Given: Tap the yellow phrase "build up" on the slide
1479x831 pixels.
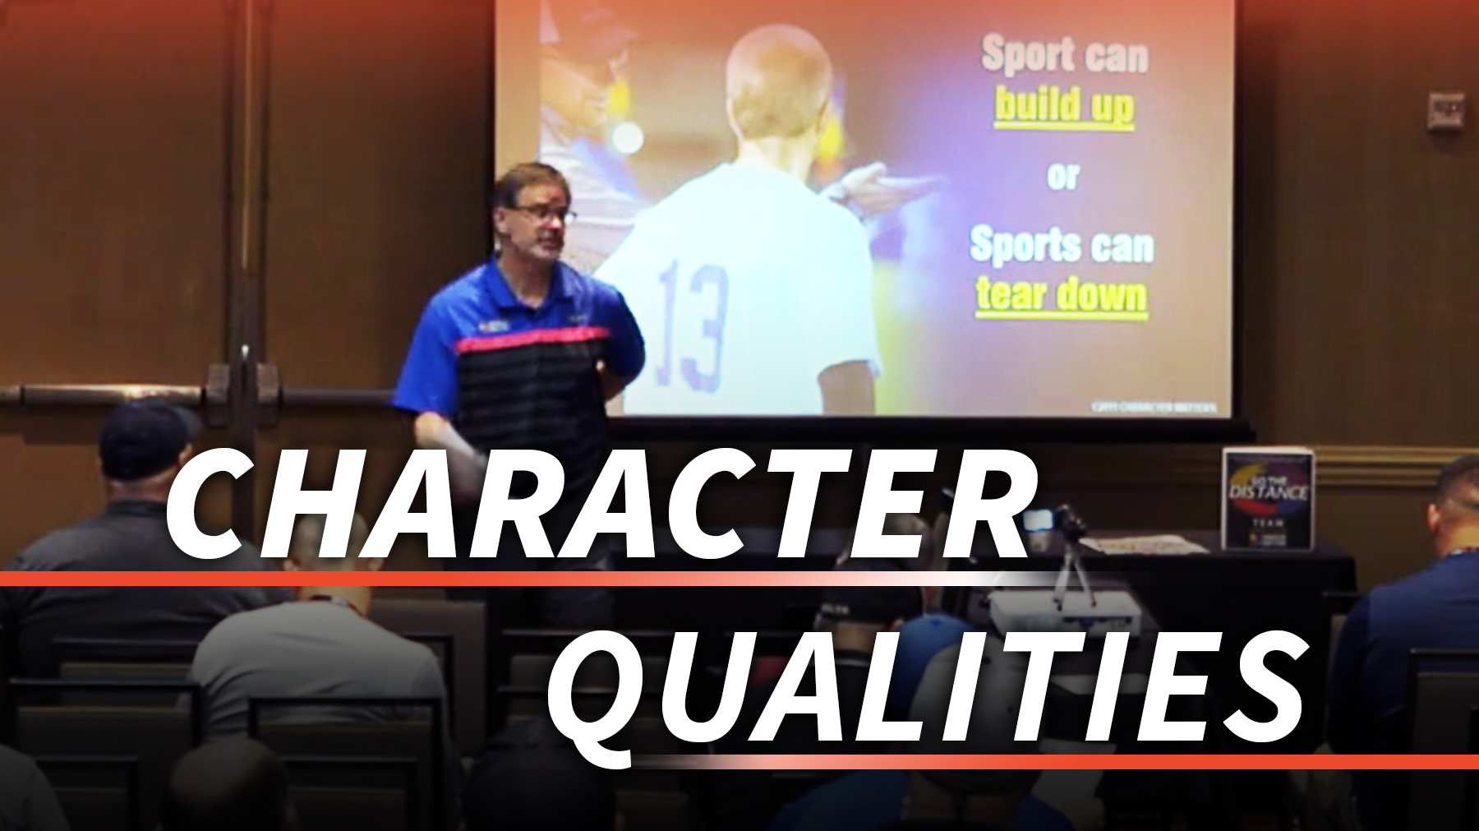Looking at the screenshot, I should [1064, 108].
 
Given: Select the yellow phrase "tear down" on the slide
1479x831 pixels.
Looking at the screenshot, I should [1061, 295].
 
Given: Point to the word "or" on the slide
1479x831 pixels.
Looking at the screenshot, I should [1062, 176].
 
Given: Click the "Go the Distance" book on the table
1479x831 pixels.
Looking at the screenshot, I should [1267, 498].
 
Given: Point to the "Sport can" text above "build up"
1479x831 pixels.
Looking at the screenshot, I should [1064, 56].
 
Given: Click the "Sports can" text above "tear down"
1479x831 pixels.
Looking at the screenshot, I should [1062, 245].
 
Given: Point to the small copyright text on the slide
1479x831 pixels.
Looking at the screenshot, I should [1154, 406].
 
